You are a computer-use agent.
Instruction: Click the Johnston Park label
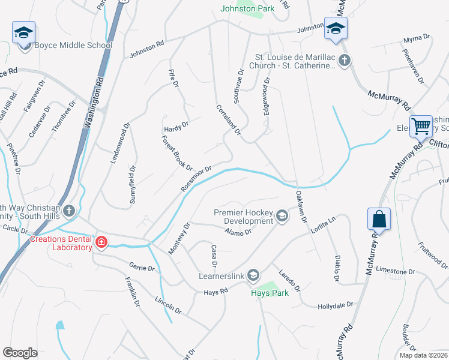click(x=247, y=8)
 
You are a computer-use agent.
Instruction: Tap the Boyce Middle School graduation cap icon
click(x=23, y=32)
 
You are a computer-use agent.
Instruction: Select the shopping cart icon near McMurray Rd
click(x=422, y=126)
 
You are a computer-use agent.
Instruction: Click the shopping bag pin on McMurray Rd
click(x=379, y=219)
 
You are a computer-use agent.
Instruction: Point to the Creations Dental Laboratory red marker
click(x=101, y=242)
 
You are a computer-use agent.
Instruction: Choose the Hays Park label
click(x=270, y=293)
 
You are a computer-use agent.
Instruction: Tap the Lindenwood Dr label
click(x=119, y=143)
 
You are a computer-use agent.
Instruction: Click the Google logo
click(x=20, y=353)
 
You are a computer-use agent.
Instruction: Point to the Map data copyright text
click(x=424, y=355)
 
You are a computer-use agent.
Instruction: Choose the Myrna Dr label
click(x=417, y=37)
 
